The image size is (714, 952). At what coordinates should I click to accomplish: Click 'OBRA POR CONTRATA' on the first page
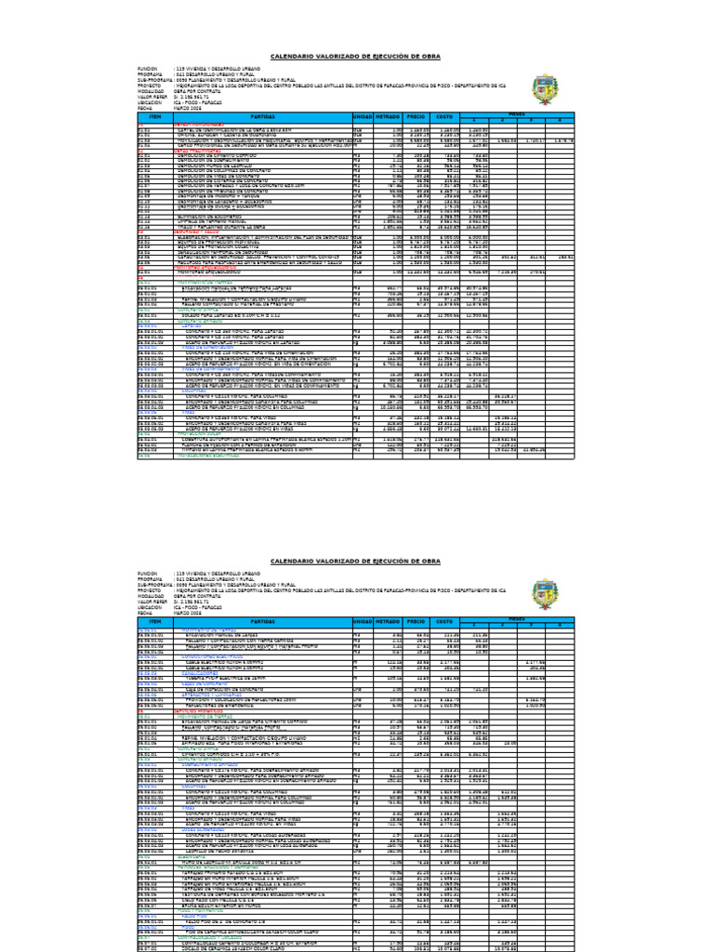click(196, 92)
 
